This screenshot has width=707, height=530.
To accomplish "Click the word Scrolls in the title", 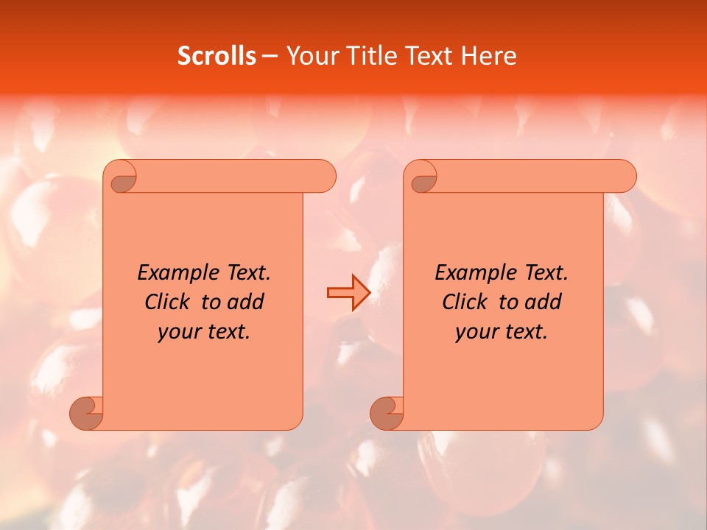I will point(217,56).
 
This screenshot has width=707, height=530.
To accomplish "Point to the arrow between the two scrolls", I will point(348,293).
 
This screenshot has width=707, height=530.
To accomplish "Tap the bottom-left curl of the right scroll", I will point(387,412).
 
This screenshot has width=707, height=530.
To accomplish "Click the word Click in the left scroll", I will point(168,303).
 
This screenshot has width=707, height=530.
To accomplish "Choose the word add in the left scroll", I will point(246,303).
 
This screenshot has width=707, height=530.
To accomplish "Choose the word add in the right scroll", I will point(544,303).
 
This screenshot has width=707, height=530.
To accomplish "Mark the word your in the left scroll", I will point(177,333).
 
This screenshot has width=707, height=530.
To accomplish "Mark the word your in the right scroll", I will point(474,333).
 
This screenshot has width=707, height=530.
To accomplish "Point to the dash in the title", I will point(270,56).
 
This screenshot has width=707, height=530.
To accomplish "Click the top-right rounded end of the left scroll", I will point(324,177).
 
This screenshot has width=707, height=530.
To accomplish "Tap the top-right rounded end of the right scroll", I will point(625,177).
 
